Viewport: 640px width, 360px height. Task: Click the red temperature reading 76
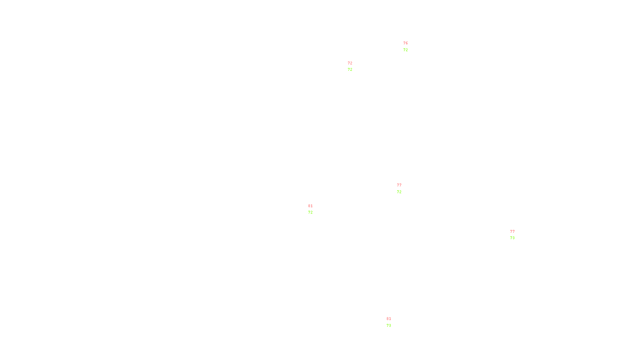tap(406, 43)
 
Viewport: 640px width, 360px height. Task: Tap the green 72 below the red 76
tap(406, 50)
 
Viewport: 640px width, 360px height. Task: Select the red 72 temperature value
tap(350, 63)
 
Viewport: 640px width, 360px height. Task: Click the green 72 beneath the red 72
tap(350, 70)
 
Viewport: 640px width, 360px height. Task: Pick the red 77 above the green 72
tap(399, 185)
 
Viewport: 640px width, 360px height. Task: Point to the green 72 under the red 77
tap(399, 192)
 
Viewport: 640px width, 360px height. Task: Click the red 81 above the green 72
tap(310, 206)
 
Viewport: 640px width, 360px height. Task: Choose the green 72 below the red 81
tap(310, 212)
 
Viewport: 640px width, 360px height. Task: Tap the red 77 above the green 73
tap(512, 232)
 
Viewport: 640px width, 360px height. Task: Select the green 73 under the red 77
tap(512, 238)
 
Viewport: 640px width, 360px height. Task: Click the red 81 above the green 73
tap(389, 319)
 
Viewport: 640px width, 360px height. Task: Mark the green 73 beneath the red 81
tap(389, 326)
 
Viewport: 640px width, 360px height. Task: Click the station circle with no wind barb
tap(314, 209)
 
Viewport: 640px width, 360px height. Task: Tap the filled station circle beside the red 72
tap(354, 66)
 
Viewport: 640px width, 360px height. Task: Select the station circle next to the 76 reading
tap(409, 47)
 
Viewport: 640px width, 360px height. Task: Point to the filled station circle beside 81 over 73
tap(392, 322)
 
